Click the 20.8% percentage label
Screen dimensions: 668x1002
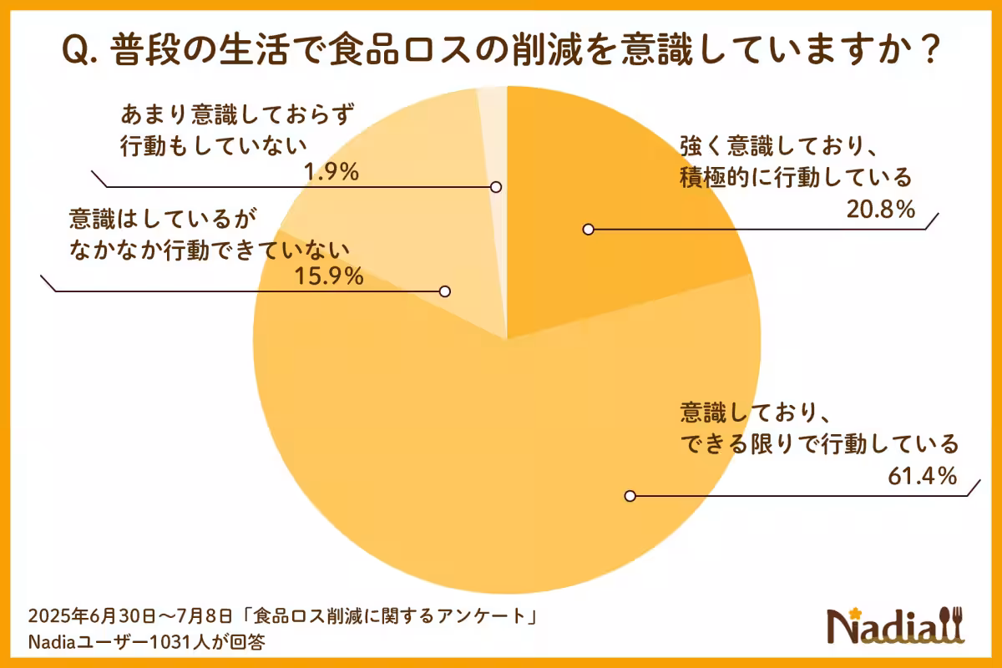click(883, 210)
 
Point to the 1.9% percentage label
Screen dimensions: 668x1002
click(331, 172)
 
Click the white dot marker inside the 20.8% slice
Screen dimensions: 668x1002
click(589, 229)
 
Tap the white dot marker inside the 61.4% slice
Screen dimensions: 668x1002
click(630, 496)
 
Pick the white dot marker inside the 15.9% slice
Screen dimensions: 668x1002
click(445, 291)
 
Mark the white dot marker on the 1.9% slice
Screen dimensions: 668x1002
click(495, 187)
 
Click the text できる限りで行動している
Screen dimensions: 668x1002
click(819, 443)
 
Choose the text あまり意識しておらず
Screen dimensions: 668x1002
click(230, 114)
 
